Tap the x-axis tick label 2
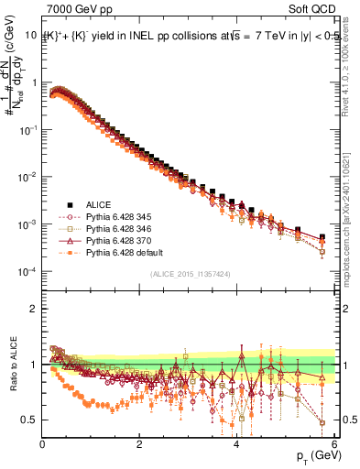tap(139, 444)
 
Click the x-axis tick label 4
tap(236, 444)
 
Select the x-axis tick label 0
tap(42, 444)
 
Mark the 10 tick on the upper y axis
tap(30, 35)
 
